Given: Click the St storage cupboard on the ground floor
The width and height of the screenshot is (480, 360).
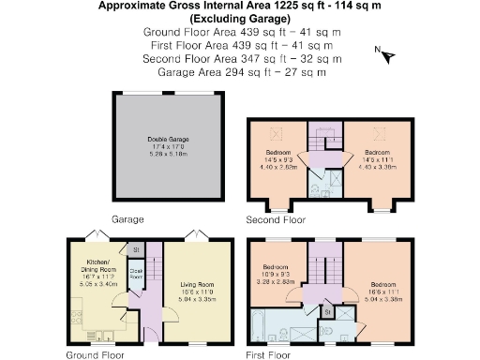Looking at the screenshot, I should pos(136,250).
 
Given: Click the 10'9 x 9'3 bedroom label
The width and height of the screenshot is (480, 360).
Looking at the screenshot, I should pos(278,272).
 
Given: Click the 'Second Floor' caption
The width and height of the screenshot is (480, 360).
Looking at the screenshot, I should pos(276,221).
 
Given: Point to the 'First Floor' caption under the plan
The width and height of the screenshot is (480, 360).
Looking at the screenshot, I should pos(272,355).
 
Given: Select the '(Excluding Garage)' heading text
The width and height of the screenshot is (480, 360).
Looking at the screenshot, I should pos(240,19).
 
